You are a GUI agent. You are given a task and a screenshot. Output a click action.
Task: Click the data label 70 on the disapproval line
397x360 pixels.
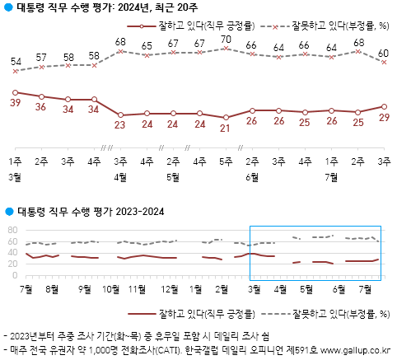[x=226, y=40]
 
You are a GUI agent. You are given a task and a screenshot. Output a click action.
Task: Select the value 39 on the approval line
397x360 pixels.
[x=16, y=102]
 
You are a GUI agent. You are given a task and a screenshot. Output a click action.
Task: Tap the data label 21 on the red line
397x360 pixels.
[x=226, y=129]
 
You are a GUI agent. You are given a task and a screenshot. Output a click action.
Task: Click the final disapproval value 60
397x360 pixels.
[x=384, y=54]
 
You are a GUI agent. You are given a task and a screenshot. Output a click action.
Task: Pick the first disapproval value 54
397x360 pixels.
[x=16, y=62]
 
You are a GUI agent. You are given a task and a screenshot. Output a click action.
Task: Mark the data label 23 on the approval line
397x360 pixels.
[x=121, y=125]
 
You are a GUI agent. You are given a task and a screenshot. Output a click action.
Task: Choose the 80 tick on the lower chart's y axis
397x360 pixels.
[x=12, y=230]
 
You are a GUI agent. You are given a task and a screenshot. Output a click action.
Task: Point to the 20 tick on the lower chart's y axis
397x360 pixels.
[x=12, y=264]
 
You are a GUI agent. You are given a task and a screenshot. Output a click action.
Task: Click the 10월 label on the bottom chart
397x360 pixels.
[x=110, y=289]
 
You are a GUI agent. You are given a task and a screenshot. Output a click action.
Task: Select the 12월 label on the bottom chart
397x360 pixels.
[x=170, y=289]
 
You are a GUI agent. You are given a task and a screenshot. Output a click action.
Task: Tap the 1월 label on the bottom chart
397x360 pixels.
[x=196, y=289]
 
